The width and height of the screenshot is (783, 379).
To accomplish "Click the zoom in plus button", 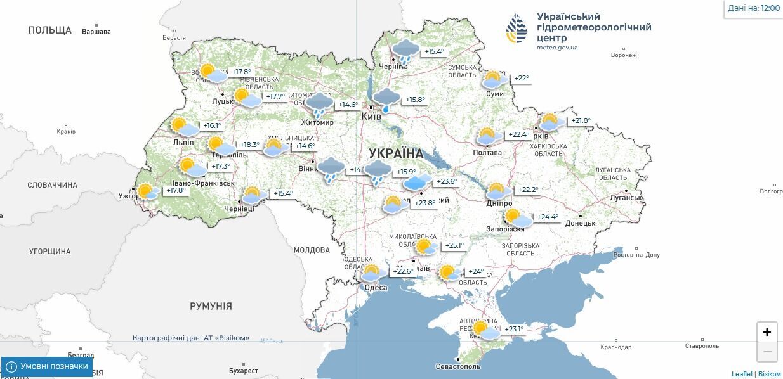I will click(767, 332).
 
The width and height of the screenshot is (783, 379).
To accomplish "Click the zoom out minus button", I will click(767, 351).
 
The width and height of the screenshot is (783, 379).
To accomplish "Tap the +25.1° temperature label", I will click(454, 246).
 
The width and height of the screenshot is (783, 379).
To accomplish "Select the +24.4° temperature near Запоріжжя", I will click(548, 217).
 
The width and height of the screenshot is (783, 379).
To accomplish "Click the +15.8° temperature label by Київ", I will click(415, 100).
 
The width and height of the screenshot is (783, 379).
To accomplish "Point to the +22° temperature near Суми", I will click(521, 79).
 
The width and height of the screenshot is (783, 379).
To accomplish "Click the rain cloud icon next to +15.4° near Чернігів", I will click(405, 51).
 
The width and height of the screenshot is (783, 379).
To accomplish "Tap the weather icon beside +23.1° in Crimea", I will click(483, 330).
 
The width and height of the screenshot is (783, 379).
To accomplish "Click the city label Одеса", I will click(376, 288).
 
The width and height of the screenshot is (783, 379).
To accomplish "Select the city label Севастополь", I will click(458, 366).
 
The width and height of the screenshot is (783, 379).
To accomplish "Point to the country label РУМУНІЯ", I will click(211, 306).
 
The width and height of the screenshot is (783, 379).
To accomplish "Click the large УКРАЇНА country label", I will click(395, 153).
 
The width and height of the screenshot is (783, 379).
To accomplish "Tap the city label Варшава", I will click(96, 32).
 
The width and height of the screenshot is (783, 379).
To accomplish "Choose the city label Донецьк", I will click(580, 223).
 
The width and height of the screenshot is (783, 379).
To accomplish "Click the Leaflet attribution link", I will click(741, 374).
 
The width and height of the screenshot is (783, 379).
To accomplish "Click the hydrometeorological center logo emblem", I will click(517, 29).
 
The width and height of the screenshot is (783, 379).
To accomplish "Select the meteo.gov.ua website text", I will click(557, 48).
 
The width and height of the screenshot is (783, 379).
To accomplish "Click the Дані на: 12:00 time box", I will click(754, 8).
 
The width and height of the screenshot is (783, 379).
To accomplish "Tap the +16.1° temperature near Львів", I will click(212, 125).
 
